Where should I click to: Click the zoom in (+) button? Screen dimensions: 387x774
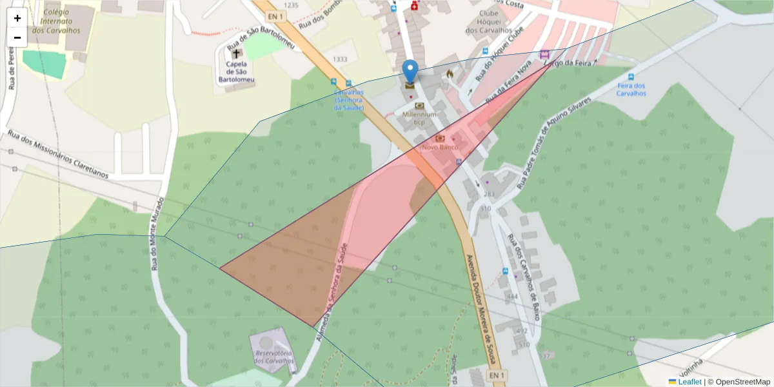click(17, 18)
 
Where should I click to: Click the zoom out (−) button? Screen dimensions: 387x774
click(17, 37)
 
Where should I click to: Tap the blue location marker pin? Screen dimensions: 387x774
click(410, 72)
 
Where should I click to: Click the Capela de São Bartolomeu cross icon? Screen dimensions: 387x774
click(236, 54)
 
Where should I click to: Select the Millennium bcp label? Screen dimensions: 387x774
click(420, 118)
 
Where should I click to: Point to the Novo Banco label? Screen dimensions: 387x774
click(440, 147)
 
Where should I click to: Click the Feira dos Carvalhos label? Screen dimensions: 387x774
click(631, 90)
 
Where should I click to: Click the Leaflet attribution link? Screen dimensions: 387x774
click(689, 382)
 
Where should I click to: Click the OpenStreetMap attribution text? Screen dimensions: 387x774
click(742, 382)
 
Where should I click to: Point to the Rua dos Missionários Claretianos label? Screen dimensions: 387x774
click(58, 154)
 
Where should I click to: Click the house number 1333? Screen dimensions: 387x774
click(340, 59)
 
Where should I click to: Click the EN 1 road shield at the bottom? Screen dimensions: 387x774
click(496, 375)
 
